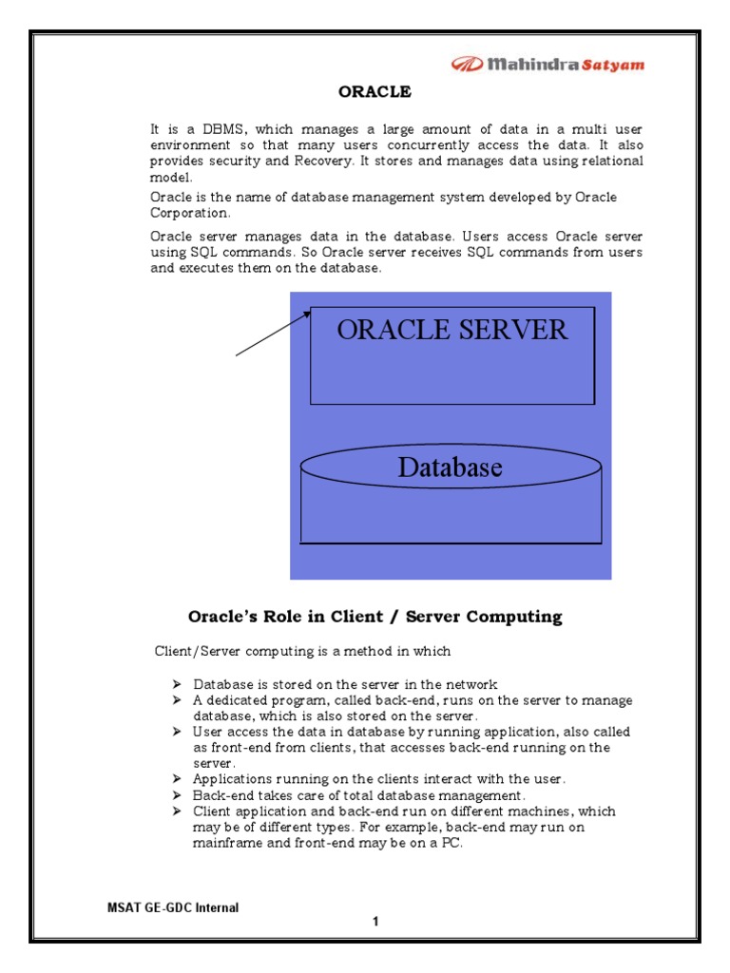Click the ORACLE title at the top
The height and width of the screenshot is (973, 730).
[x=375, y=92]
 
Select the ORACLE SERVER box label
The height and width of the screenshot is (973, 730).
[x=451, y=330]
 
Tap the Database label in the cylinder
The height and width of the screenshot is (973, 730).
[x=450, y=467]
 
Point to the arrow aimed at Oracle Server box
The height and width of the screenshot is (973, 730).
[x=274, y=333]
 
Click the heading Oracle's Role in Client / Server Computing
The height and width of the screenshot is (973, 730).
[x=375, y=617]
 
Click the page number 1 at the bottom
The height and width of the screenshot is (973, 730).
[x=375, y=922]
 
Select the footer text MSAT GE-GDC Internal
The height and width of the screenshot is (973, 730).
[x=172, y=907]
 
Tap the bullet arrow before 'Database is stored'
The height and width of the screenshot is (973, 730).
[x=177, y=684]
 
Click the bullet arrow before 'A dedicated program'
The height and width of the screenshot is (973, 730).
[x=177, y=700]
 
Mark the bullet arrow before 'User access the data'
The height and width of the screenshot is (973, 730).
[x=177, y=733]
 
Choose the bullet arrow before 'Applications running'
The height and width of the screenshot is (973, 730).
[x=177, y=779]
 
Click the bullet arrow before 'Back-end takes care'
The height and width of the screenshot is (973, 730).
[x=177, y=795]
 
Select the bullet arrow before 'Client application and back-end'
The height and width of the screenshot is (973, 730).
[x=177, y=811]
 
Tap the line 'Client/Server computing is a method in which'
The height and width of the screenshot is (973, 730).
[x=302, y=652]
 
